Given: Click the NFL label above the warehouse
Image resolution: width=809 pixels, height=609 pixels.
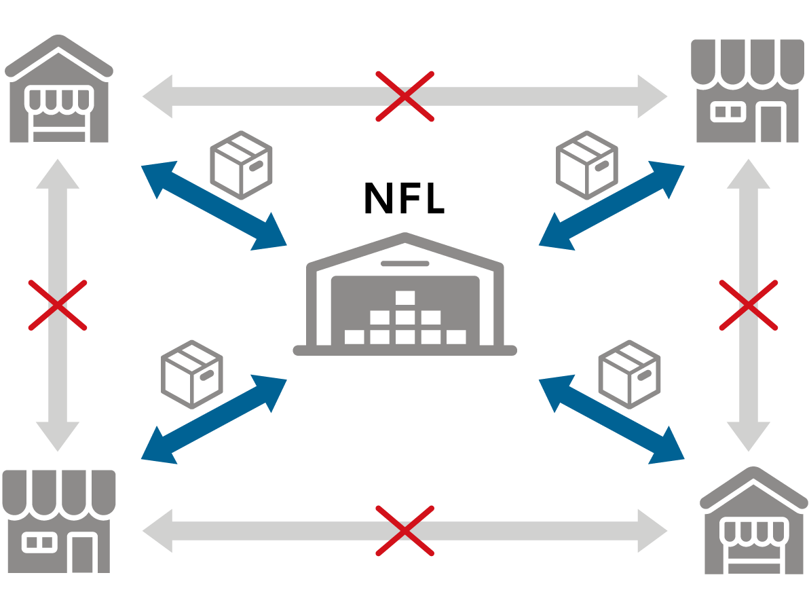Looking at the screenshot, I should [404, 198].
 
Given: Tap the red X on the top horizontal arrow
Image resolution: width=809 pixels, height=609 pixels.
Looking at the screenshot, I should [405, 96].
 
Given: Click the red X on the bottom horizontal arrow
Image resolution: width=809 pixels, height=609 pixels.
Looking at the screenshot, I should [405, 530].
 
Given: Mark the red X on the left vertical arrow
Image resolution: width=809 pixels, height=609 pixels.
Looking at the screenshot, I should [58, 305].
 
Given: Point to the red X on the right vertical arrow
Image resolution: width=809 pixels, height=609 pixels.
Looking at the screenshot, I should [748, 305].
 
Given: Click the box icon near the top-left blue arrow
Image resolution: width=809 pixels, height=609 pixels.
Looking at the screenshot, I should [241, 165].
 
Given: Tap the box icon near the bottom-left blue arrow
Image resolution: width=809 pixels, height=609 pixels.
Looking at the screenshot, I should [192, 374].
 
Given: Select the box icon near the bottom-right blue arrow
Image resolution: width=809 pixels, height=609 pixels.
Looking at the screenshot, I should [629, 374].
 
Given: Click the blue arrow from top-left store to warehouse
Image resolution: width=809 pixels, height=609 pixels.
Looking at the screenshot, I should [214, 206].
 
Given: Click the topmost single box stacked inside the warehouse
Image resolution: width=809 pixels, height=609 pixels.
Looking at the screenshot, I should [405, 298].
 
